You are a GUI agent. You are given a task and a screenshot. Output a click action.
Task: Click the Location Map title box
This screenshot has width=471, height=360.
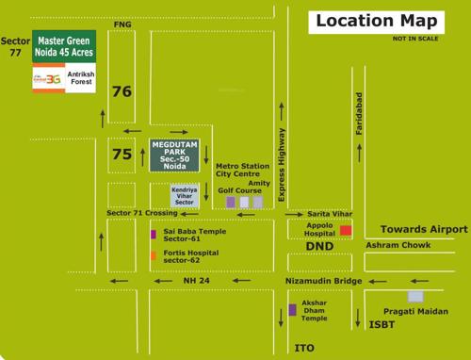(x=376, y=21)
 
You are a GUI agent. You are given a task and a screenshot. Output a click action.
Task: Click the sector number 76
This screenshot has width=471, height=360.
(x=122, y=92)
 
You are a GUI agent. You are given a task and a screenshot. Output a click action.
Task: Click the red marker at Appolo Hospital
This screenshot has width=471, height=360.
(x=346, y=230)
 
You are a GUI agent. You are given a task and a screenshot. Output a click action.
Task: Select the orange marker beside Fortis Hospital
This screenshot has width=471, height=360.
(x=154, y=254)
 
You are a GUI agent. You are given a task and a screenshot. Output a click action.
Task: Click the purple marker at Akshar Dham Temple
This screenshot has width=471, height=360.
(x=292, y=310)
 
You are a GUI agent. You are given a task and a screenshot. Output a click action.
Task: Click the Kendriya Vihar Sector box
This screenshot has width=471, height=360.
(x=185, y=196)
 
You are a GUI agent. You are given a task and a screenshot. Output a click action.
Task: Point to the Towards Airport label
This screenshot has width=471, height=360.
(x=423, y=230)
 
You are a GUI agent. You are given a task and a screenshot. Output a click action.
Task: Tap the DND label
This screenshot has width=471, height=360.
(x=319, y=246)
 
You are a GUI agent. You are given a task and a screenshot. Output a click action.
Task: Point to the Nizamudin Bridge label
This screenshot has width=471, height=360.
(x=323, y=282)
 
